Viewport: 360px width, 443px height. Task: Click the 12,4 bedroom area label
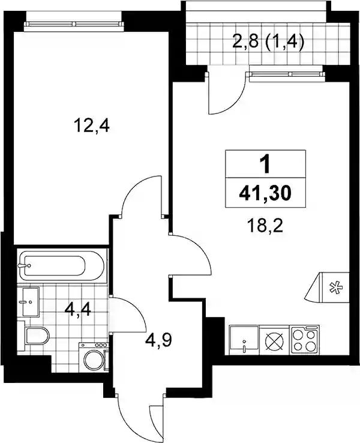point(91,125)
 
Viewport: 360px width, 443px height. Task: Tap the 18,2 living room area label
point(265,226)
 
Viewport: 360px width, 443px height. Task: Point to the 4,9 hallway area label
point(158,341)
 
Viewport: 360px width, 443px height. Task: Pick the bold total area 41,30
point(265,194)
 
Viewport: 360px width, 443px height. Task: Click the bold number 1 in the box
point(265,164)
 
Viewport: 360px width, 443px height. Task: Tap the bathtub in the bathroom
point(61,265)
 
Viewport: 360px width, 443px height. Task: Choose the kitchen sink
point(244,340)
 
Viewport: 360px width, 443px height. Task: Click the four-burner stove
point(305,340)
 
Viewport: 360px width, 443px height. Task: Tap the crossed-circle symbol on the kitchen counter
point(274,340)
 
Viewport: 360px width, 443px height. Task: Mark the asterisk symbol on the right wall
point(336,288)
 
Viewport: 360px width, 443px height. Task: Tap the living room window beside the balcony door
point(286,74)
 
